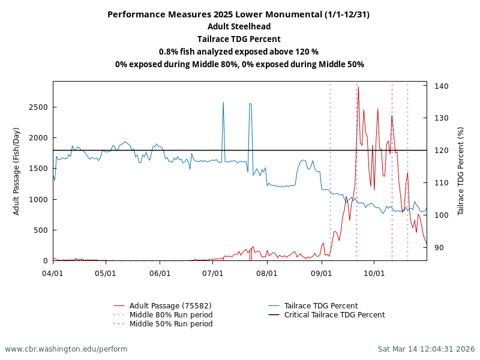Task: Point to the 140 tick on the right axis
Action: (441, 86)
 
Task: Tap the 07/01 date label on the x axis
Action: (213, 273)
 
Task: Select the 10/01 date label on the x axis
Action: (374, 273)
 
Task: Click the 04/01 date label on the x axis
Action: (53, 273)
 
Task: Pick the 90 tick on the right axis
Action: (439, 247)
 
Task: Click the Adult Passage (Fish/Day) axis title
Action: (16, 171)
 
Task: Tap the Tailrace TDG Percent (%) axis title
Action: (461, 171)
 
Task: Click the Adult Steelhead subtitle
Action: (239, 26)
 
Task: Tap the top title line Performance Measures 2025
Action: (239, 14)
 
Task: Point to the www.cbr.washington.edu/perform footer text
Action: (66, 349)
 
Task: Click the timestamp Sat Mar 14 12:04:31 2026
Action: (426, 349)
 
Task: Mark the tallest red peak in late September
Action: (358, 88)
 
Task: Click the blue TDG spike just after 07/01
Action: (223, 103)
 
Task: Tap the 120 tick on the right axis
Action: (441, 150)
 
